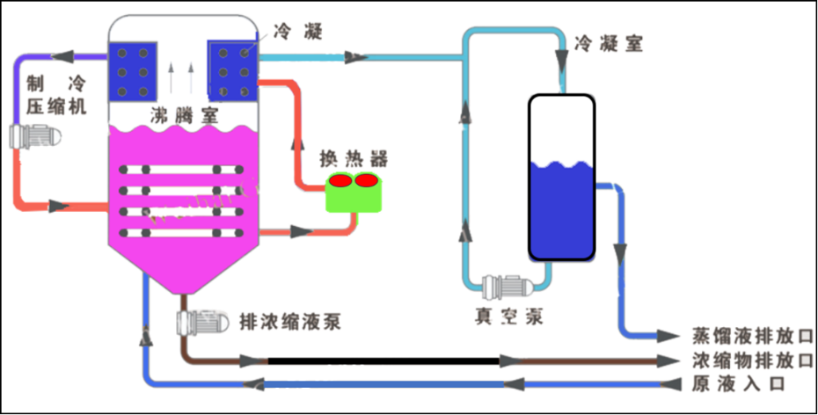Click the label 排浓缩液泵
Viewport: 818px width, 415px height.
click(x=289, y=322)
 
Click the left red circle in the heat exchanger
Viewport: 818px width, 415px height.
click(x=340, y=180)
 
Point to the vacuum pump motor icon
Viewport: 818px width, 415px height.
click(x=505, y=287)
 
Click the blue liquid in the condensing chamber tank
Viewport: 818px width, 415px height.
click(x=561, y=211)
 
